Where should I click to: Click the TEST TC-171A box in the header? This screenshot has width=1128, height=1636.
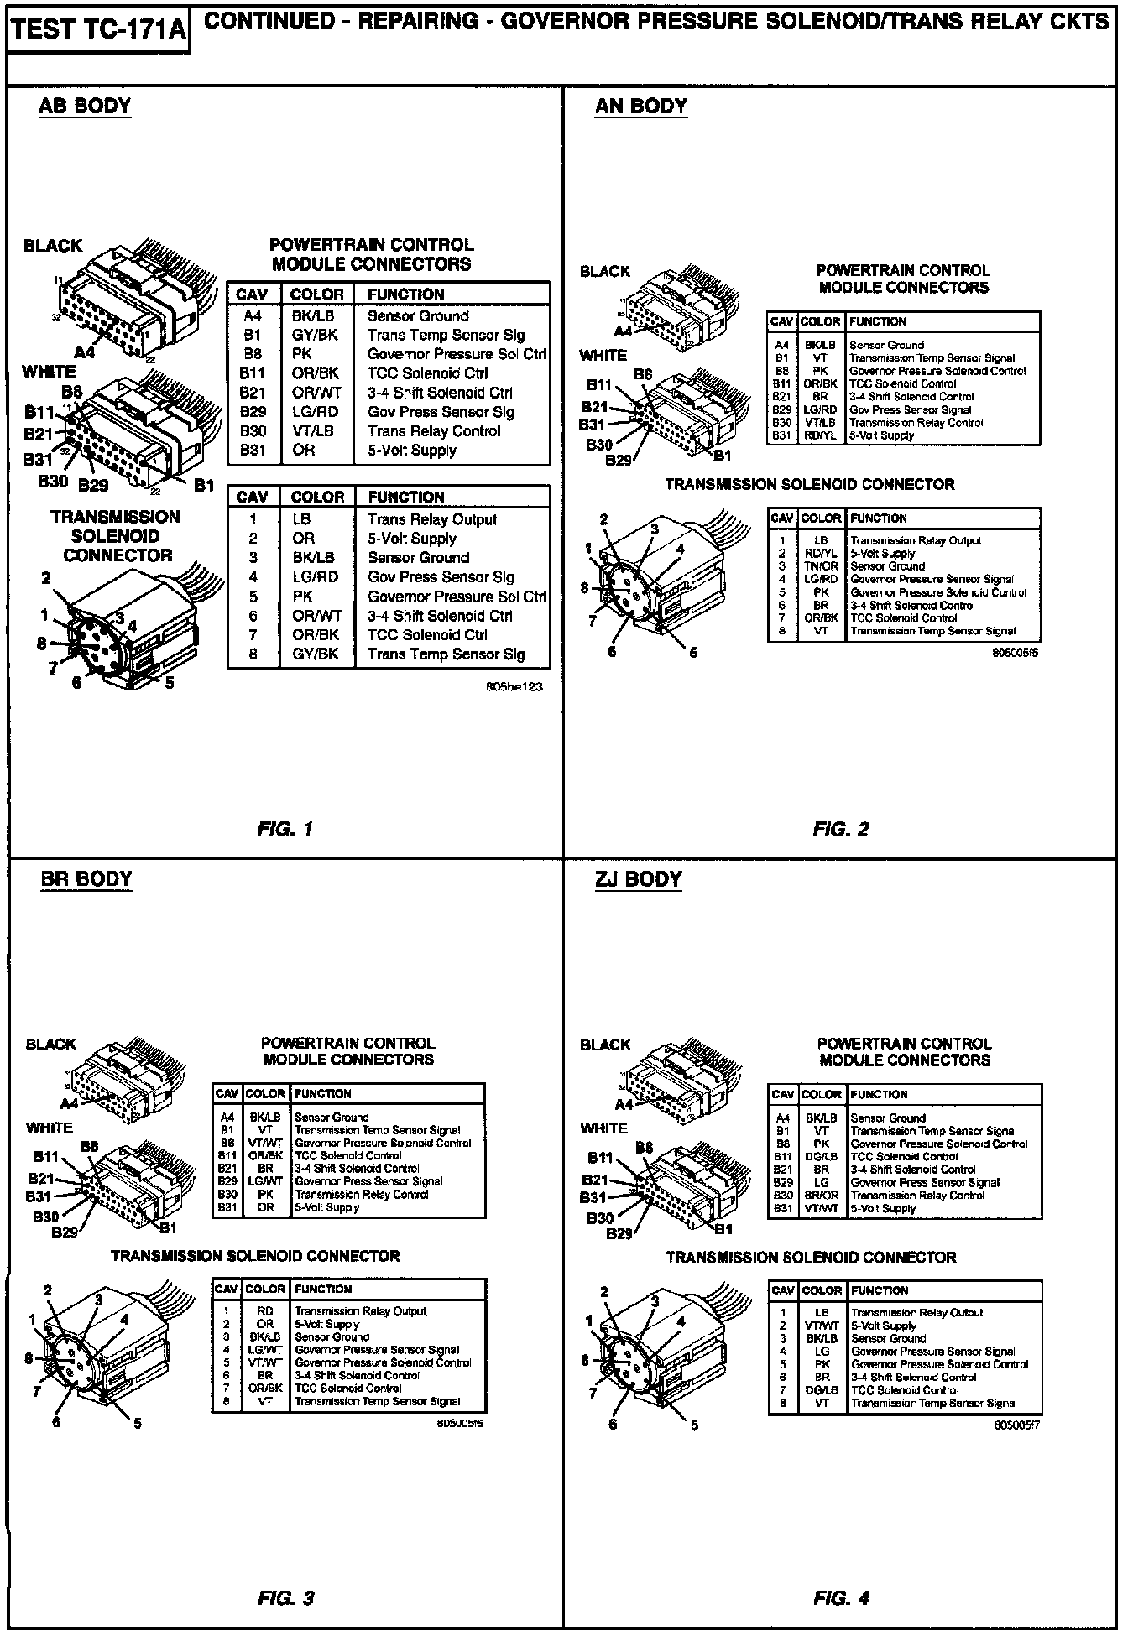(98, 30)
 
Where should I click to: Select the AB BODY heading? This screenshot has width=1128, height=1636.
(85, 107)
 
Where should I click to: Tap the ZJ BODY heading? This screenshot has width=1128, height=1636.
(639, 879)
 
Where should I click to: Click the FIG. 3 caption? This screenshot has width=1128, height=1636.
(285, 1598)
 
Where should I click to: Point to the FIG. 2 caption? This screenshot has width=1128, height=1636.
(841, 830)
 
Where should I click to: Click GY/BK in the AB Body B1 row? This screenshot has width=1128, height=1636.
(315, 335)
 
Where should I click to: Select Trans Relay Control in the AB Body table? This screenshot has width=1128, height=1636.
(433, 431)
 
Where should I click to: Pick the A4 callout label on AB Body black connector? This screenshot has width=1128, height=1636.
(85, 352)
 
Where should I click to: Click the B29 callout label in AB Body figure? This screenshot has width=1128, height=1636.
(93, 485)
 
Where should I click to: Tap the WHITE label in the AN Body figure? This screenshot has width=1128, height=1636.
(603, 356)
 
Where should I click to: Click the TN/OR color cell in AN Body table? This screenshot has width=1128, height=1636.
(821, 566)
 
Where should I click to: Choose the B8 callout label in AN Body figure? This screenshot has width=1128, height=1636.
(643, 374)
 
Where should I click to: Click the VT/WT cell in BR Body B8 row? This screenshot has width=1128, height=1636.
(265, 1143)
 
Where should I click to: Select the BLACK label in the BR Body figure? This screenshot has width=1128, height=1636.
(50, 1045)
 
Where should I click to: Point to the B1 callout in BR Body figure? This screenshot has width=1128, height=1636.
(168, 1227)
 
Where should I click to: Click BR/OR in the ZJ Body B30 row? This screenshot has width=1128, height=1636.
(821, 1196)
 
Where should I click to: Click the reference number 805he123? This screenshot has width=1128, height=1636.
(514, 686)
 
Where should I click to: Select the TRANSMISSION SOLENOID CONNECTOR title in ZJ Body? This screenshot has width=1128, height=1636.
(811, 1258)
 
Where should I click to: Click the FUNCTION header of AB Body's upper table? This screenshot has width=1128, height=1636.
(405, 294)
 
